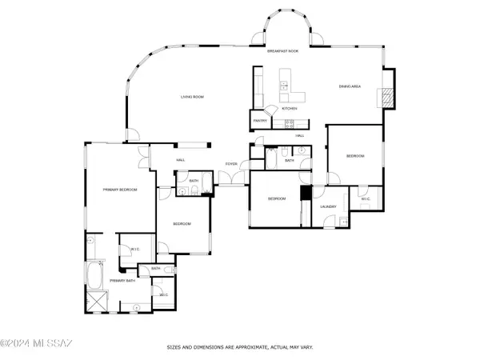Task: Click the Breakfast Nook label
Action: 282,50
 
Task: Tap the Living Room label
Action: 191,97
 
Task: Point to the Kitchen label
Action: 289,108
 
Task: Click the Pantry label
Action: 260,121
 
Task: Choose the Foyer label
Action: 231,164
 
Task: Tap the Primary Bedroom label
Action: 120,190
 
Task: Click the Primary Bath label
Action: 122,281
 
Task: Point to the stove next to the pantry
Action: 290,123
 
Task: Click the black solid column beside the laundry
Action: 306,194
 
